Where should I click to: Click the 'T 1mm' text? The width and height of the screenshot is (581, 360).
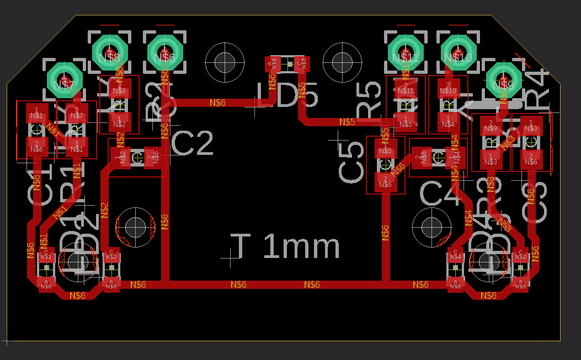tap(285, 246)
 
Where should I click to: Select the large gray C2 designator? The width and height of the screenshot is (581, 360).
tap(193, 144)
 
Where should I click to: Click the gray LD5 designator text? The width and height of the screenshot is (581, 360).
tap(287, 96)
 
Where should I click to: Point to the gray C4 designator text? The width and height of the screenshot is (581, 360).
tap(441, 192)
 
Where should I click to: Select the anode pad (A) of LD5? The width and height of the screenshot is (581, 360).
tap(270, 64)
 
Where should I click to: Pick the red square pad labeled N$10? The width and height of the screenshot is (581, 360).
tap(448, 89)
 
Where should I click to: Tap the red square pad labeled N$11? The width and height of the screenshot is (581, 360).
tap(405, 89)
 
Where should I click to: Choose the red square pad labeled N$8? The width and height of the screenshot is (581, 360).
tap(119, 89)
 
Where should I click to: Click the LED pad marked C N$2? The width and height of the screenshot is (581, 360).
tap(111, 256)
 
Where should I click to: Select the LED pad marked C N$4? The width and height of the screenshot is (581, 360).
tap(455, 256)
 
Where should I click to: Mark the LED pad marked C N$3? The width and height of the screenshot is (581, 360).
tap(520, 256)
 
